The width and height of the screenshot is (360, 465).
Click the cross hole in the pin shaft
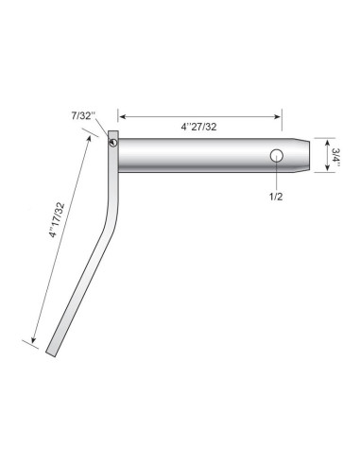tap(276, 155)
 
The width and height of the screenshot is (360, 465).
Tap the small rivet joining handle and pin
tap(112, 143)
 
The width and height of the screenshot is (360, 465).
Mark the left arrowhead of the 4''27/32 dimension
tap(122, 116)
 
